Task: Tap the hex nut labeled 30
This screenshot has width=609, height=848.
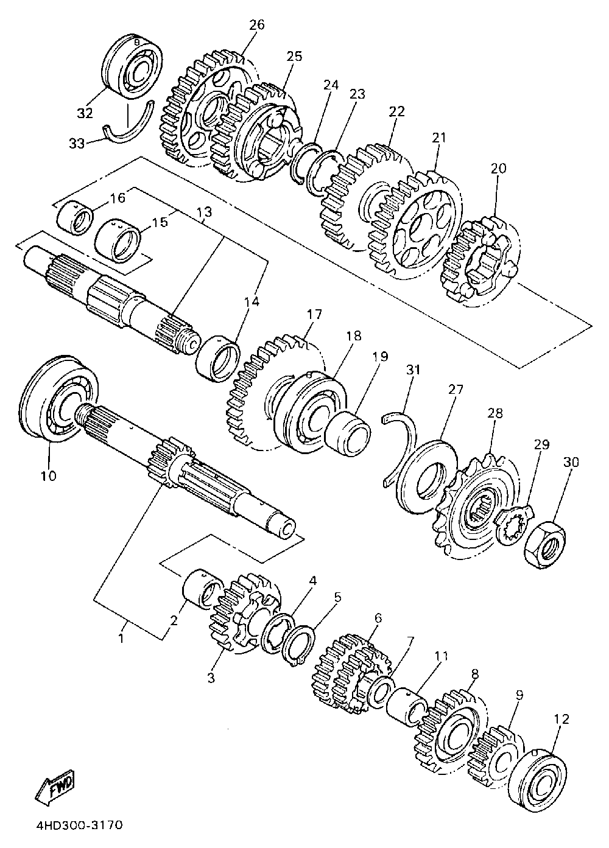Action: click(544, 541)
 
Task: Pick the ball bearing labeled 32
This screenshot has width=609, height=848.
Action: click(132, 66)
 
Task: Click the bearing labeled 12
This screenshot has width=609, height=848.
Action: click(537, 772)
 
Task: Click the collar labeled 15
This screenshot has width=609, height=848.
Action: click(117, 241)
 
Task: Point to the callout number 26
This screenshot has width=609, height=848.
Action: click(257, 25)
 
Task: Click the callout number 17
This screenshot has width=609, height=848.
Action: click(315, 314)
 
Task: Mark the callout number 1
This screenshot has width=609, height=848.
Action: click(121, 639)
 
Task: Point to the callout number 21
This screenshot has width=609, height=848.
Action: click(439, 138)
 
